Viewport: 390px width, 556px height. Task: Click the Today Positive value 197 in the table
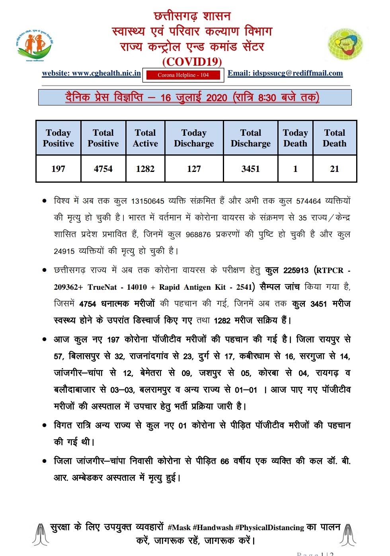(58, 169)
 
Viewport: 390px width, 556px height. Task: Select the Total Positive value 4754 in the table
(103, 169)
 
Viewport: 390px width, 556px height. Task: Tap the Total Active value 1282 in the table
(145, 169)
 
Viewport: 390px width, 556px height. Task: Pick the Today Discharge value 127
(194, 169)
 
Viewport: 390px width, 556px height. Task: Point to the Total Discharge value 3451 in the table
(250, 169)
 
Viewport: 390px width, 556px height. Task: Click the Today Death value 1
(295, 169)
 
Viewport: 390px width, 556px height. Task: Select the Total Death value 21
(335, 169)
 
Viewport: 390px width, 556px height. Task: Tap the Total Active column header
(145, 138)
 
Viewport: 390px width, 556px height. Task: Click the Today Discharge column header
(194, 138)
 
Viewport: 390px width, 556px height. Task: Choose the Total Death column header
(335, 138)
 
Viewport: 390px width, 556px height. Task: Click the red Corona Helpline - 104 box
(183, 75)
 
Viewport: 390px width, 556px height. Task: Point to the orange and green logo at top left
(35, 45)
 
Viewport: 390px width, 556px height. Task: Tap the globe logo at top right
(345, 44)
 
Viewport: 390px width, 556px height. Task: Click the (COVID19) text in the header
(192, 62)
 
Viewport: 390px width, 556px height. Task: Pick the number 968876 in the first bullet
(198, 235)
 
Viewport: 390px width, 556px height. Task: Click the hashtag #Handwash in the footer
(213, 528)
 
